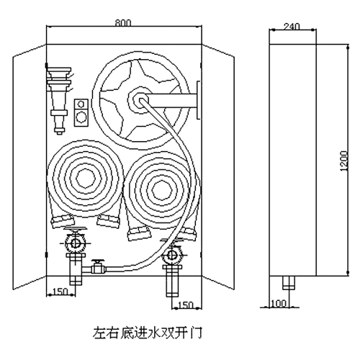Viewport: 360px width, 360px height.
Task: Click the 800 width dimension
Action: pos(123,23)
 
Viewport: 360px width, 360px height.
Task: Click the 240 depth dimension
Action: pos(292,27)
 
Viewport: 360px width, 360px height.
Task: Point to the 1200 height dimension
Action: pos(344,161)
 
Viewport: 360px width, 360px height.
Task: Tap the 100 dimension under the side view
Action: pos(279,304)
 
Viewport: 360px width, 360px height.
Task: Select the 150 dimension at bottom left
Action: pos(60,292)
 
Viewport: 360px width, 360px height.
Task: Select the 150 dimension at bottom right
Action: pos(186,305)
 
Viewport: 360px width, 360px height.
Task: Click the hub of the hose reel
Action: pos(138,100)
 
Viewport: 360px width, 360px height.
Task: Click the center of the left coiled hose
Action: pos(86,178)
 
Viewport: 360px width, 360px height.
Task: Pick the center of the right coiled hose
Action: pos(161,189)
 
